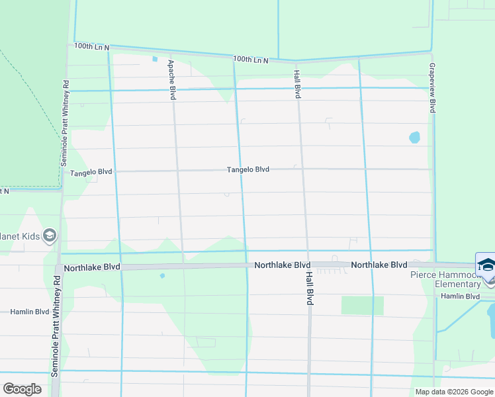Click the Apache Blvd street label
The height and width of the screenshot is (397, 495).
(x=171, y=79)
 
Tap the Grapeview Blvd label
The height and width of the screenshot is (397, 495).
(x=431, y=87)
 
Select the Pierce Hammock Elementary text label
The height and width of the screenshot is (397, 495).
(x=445, y=279)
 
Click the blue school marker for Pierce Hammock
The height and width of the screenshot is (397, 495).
(x=486, y=265)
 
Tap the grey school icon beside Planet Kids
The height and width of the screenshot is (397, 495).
(x=50, y=235)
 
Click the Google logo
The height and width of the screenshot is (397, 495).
(x=22, y=389)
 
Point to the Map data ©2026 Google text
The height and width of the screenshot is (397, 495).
(x=453, y=392)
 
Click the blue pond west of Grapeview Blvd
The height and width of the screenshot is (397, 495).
(x=414, y=138)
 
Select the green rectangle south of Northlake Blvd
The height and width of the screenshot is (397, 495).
(x=362, y=305)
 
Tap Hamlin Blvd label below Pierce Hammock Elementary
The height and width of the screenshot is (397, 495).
(x=460, y=296)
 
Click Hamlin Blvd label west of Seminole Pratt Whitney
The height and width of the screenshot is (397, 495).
(x=30, y=311)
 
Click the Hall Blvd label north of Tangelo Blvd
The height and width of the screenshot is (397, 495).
(x=298, y=85)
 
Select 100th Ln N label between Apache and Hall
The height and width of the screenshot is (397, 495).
(x=251, y=60)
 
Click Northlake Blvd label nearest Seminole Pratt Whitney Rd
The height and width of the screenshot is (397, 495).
(x=92, y=267)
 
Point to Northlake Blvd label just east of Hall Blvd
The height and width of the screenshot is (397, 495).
(x=379, y=265)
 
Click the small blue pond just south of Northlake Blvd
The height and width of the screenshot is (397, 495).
(x=162, y=276)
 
